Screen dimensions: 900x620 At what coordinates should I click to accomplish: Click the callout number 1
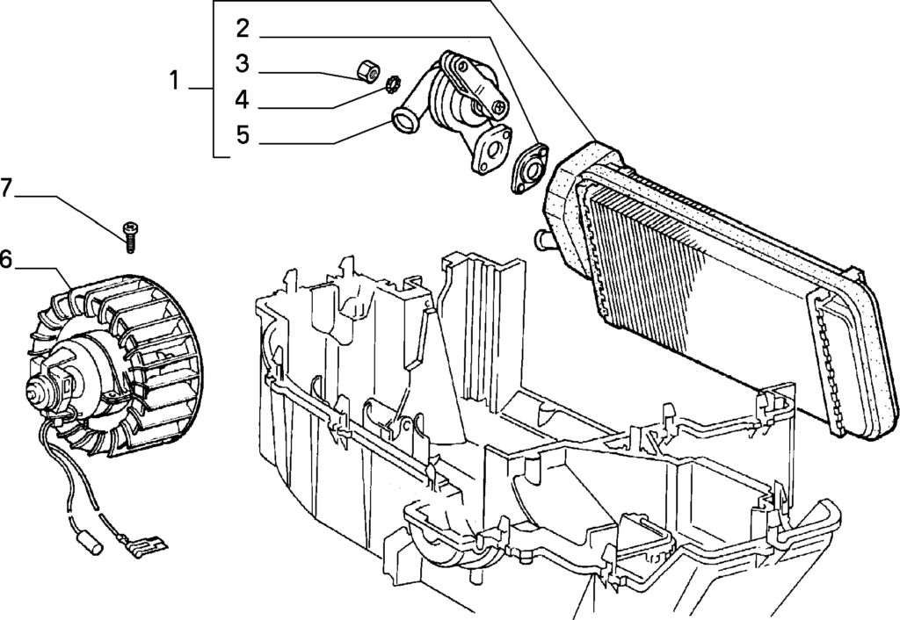click(175, 80)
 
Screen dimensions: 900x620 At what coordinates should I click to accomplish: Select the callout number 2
click(243, 28)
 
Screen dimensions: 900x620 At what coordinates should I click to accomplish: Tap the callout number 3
click(243, 63)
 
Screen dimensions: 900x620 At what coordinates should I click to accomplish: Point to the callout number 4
click(243, 99)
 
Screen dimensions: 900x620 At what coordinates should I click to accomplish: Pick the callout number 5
click(243, 134)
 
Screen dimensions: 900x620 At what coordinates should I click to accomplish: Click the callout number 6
click(5, 259)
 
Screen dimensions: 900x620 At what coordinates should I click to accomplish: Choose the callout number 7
click(6, 188)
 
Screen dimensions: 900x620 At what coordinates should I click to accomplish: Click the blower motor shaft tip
click(32, 393)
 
